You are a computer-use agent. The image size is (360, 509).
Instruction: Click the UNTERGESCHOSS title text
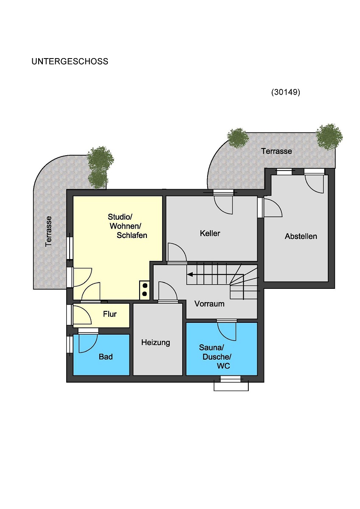(70, 62)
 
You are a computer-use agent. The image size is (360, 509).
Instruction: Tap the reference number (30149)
(286, 92)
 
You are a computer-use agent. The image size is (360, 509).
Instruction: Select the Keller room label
(210, 233)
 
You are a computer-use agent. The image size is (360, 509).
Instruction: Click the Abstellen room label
(301, 236)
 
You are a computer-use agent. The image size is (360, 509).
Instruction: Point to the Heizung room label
(155, 342)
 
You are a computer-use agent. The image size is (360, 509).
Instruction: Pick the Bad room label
(106, 357)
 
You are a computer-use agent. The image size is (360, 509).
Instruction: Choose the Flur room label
(110, 314)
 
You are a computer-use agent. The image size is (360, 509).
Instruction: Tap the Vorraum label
(209, 304)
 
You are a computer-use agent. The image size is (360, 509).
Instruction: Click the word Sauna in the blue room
(211, 347)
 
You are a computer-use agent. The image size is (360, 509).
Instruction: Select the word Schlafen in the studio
(132, 235)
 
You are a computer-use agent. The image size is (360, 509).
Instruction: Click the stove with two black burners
(144, 290)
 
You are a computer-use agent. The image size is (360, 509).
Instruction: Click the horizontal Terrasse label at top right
(276, 151)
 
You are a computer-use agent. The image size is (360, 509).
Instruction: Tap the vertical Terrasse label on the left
(48, 231)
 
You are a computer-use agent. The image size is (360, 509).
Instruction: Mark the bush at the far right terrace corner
(329, 137)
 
